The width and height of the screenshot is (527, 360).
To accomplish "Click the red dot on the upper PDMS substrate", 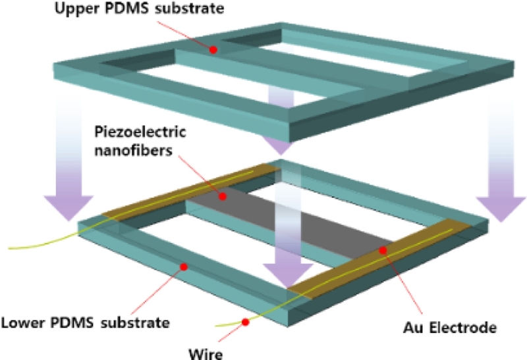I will (x=213, y=50).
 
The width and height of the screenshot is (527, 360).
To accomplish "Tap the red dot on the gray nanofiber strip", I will (x=223, y=196).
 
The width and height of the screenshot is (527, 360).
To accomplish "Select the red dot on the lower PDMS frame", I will (x=184, y=267).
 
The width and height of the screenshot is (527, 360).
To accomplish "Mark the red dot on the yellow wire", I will (x=245, y=322).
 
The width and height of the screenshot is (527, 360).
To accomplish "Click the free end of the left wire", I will (x=8, y=249).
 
